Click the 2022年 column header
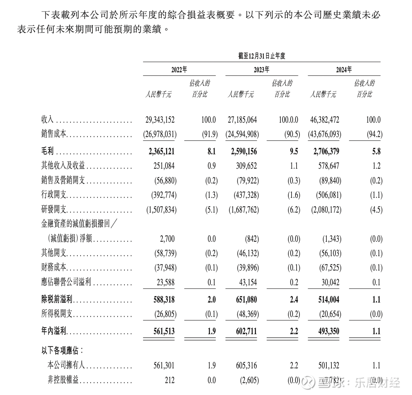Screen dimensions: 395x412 (x=179, y=70)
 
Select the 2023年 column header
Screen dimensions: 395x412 (x=261, y=70)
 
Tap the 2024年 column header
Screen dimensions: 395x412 (x=344, y=70)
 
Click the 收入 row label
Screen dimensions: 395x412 (x=47, y=120)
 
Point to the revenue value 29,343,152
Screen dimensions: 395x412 (x=160, y=120)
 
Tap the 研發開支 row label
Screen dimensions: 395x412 (x=54, y=210)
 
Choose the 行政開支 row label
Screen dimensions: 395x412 (x=54, y=195)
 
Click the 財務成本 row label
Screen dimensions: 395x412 (x=54, y=268)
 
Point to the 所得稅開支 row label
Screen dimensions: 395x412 (x=57, y=314)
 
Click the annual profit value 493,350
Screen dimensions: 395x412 (x=329, y=331)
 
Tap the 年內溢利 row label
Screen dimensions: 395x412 (x=54, y=331)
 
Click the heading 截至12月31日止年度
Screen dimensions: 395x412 (x=261, y=56)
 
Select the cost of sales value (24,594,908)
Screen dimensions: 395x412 (x=242, y=135)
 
